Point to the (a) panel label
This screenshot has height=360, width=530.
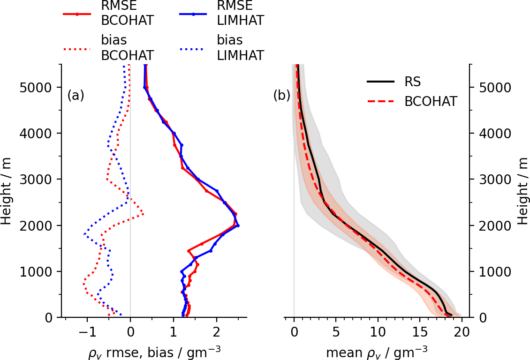(76, 96)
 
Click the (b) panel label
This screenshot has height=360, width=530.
(282, 96)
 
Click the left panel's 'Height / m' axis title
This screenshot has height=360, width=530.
(7, 191)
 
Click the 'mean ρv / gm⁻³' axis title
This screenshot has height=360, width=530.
(377, 351)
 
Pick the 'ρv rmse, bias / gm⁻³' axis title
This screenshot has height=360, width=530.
(155, 351)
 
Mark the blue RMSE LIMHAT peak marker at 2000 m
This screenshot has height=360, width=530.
(238, 225)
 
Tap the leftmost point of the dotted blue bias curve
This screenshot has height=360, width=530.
(84, 234)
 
